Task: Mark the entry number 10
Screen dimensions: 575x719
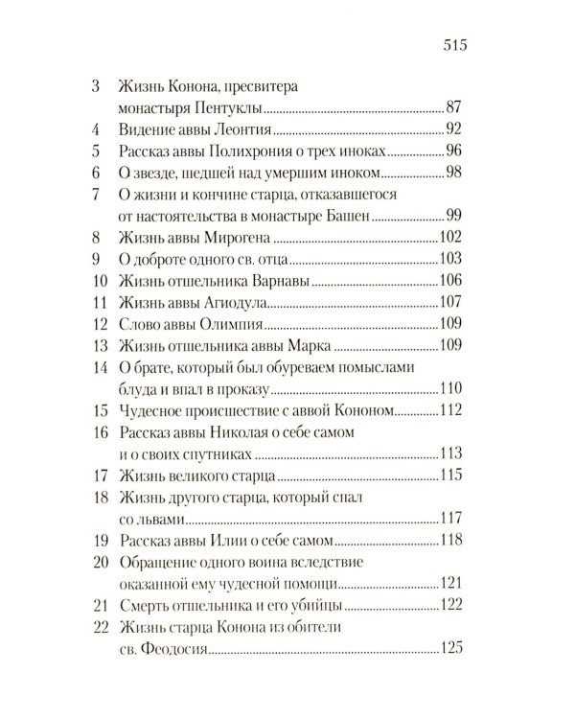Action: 94,282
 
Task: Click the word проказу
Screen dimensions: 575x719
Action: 244,390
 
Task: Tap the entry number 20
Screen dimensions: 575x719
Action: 94,563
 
